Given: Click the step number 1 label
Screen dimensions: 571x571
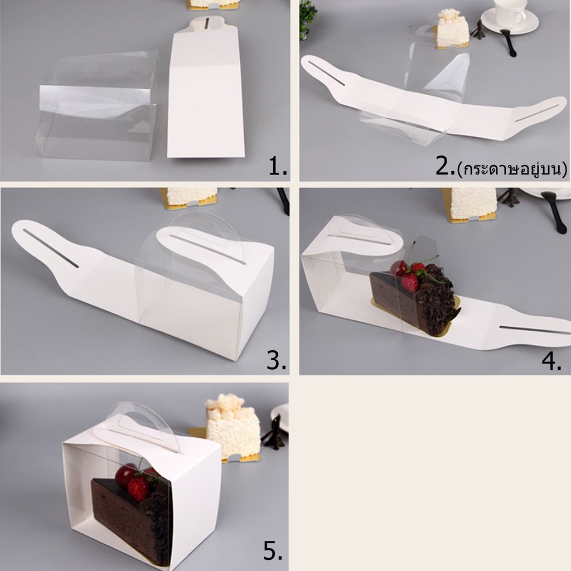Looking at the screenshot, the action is [278, 166].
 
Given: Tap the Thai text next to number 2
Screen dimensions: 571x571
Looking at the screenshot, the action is [512, 168].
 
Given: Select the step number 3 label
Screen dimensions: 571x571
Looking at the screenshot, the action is [276, 361].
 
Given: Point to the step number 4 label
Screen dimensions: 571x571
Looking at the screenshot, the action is [551, 361].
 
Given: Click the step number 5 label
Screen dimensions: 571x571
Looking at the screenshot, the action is [273, 550].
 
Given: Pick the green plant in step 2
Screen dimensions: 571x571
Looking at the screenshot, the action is [307, 18].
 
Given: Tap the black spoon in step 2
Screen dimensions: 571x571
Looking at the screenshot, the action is [509, 42].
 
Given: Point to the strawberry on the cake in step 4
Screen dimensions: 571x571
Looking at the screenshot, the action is [410, 282].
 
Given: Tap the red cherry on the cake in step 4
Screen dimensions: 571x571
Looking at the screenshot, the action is [399, 268].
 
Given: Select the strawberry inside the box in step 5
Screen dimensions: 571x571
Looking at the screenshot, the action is [138, 488].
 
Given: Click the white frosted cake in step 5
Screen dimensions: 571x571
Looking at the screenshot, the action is [234, 426].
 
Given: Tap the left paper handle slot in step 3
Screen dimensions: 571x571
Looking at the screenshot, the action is [51, 248].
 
